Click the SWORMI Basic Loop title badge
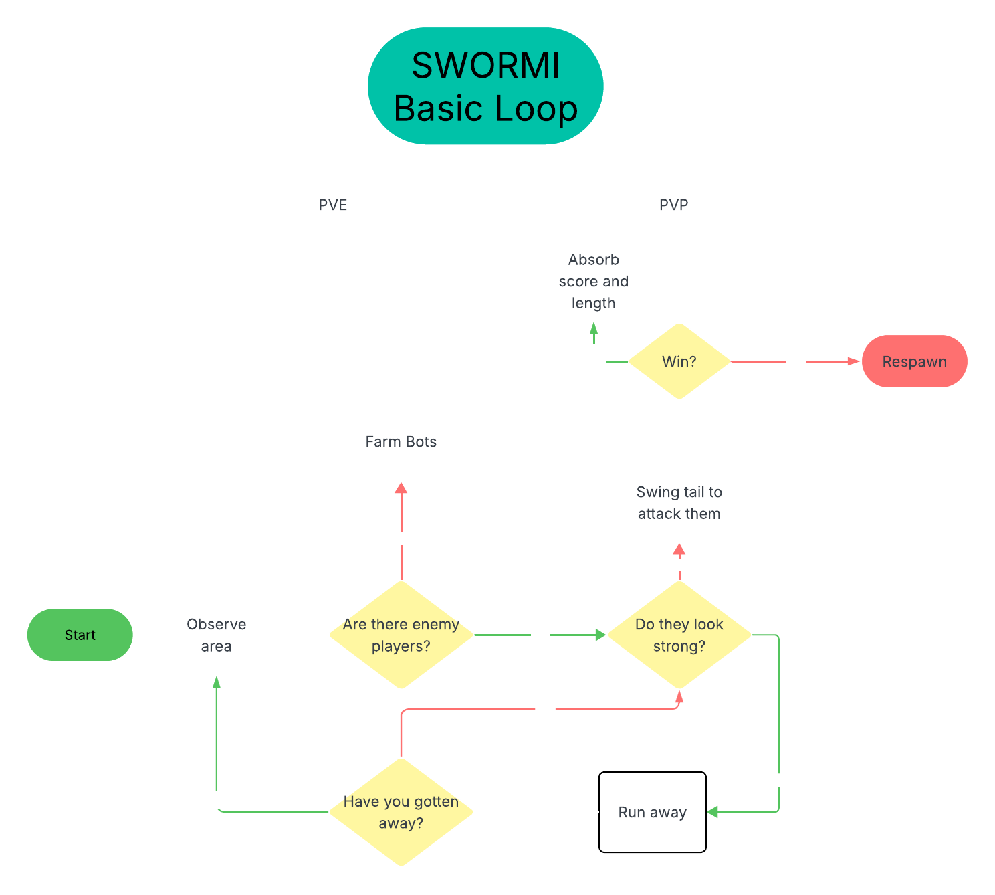click(485, 86)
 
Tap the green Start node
click(80, 635)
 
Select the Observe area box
click(216, 635)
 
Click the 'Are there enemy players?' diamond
click(401, 635)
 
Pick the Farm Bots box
click(401, 441)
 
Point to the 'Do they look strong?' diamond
click(679, 635)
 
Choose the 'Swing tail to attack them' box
click(679, 502)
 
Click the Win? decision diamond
click(679, 361)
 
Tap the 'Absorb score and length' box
click(594, 281)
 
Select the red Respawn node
click(914, 361)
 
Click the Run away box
click(653, 812)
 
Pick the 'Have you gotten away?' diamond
click(401, 812)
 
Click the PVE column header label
click(333, 205)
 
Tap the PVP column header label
click(674, 205)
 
